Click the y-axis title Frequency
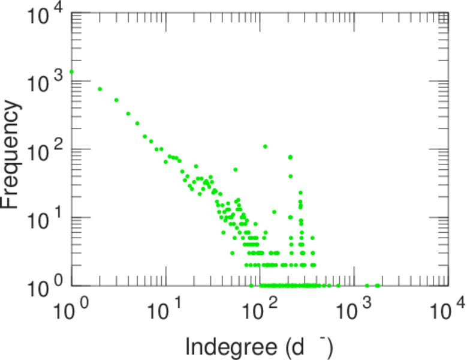(11, 155)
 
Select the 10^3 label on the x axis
(354, 310)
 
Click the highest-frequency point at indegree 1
(72, 72)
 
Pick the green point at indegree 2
(100, 89)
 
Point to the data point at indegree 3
(116, 100)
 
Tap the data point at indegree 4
(128, 113)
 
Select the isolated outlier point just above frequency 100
(265, 146)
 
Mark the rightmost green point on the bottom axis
(377, 286)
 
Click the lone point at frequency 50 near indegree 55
(236, 170)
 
